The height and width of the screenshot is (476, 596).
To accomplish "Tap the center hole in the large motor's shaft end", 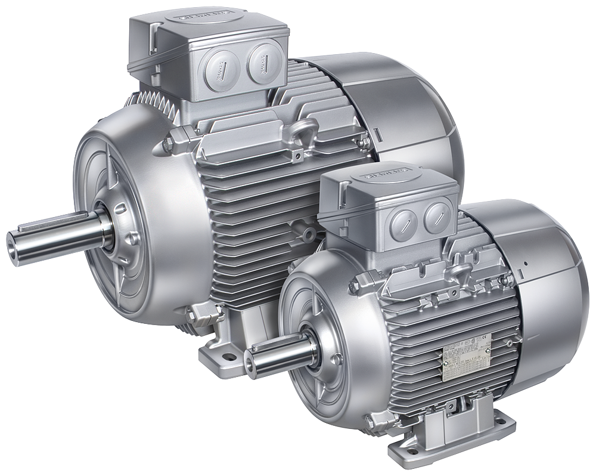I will coord(12,245).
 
